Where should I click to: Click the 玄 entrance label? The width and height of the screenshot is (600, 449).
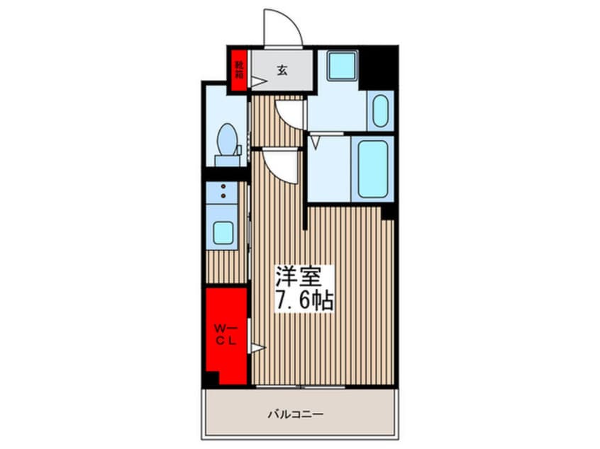tap(282, 69)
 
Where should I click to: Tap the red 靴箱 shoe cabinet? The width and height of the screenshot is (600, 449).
tap(238, 70)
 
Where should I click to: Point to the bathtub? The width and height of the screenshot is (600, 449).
tap(372, 168)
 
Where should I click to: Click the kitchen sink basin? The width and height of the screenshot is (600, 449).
tap(224, 232)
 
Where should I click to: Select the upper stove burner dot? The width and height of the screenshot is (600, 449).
tap(224, 187)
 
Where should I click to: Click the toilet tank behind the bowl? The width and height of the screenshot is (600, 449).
tap(227, 159)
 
